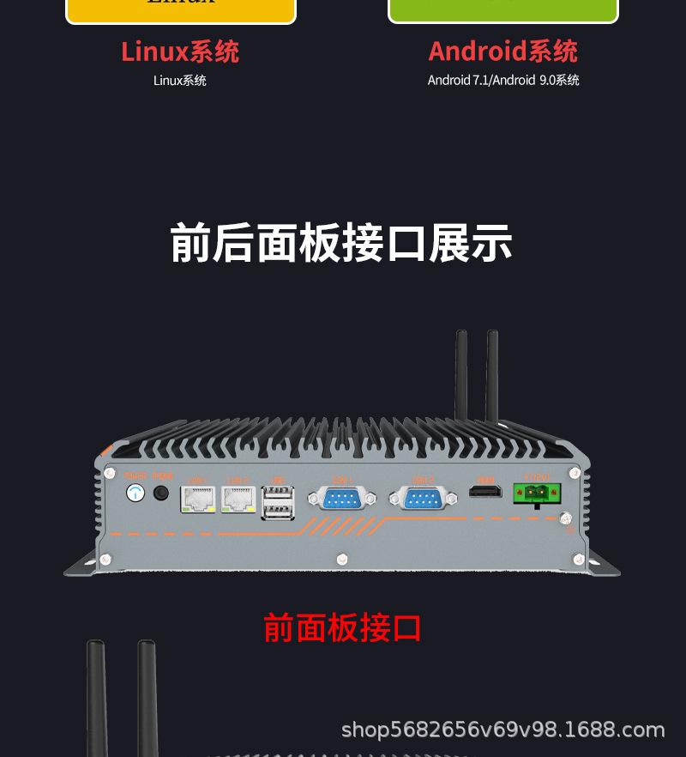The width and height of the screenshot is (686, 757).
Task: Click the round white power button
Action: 135,493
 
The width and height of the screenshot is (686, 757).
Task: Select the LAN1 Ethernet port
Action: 198,499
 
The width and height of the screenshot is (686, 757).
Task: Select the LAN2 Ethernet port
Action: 238,499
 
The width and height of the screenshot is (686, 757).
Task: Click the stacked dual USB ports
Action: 277,503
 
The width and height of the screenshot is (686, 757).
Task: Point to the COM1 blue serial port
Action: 343,497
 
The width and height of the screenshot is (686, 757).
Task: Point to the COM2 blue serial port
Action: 423,497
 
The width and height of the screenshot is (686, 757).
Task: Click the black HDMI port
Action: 485,493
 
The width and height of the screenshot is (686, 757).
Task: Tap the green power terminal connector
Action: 537,494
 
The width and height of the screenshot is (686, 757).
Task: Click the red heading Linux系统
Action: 180,51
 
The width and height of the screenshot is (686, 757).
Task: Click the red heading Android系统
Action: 502,51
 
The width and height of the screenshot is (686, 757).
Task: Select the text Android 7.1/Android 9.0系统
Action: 503,81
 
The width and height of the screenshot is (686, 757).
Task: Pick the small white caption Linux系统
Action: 180,81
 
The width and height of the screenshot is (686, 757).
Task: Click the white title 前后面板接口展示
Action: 341,243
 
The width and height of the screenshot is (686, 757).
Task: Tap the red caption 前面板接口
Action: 342,628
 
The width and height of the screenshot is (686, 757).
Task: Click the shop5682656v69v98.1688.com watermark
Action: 502,730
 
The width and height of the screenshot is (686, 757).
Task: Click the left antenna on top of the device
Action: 461,373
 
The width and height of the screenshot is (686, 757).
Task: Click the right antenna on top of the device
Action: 492,373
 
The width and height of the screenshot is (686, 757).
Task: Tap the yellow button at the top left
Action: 181,9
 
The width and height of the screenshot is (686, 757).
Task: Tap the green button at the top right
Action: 503,9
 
